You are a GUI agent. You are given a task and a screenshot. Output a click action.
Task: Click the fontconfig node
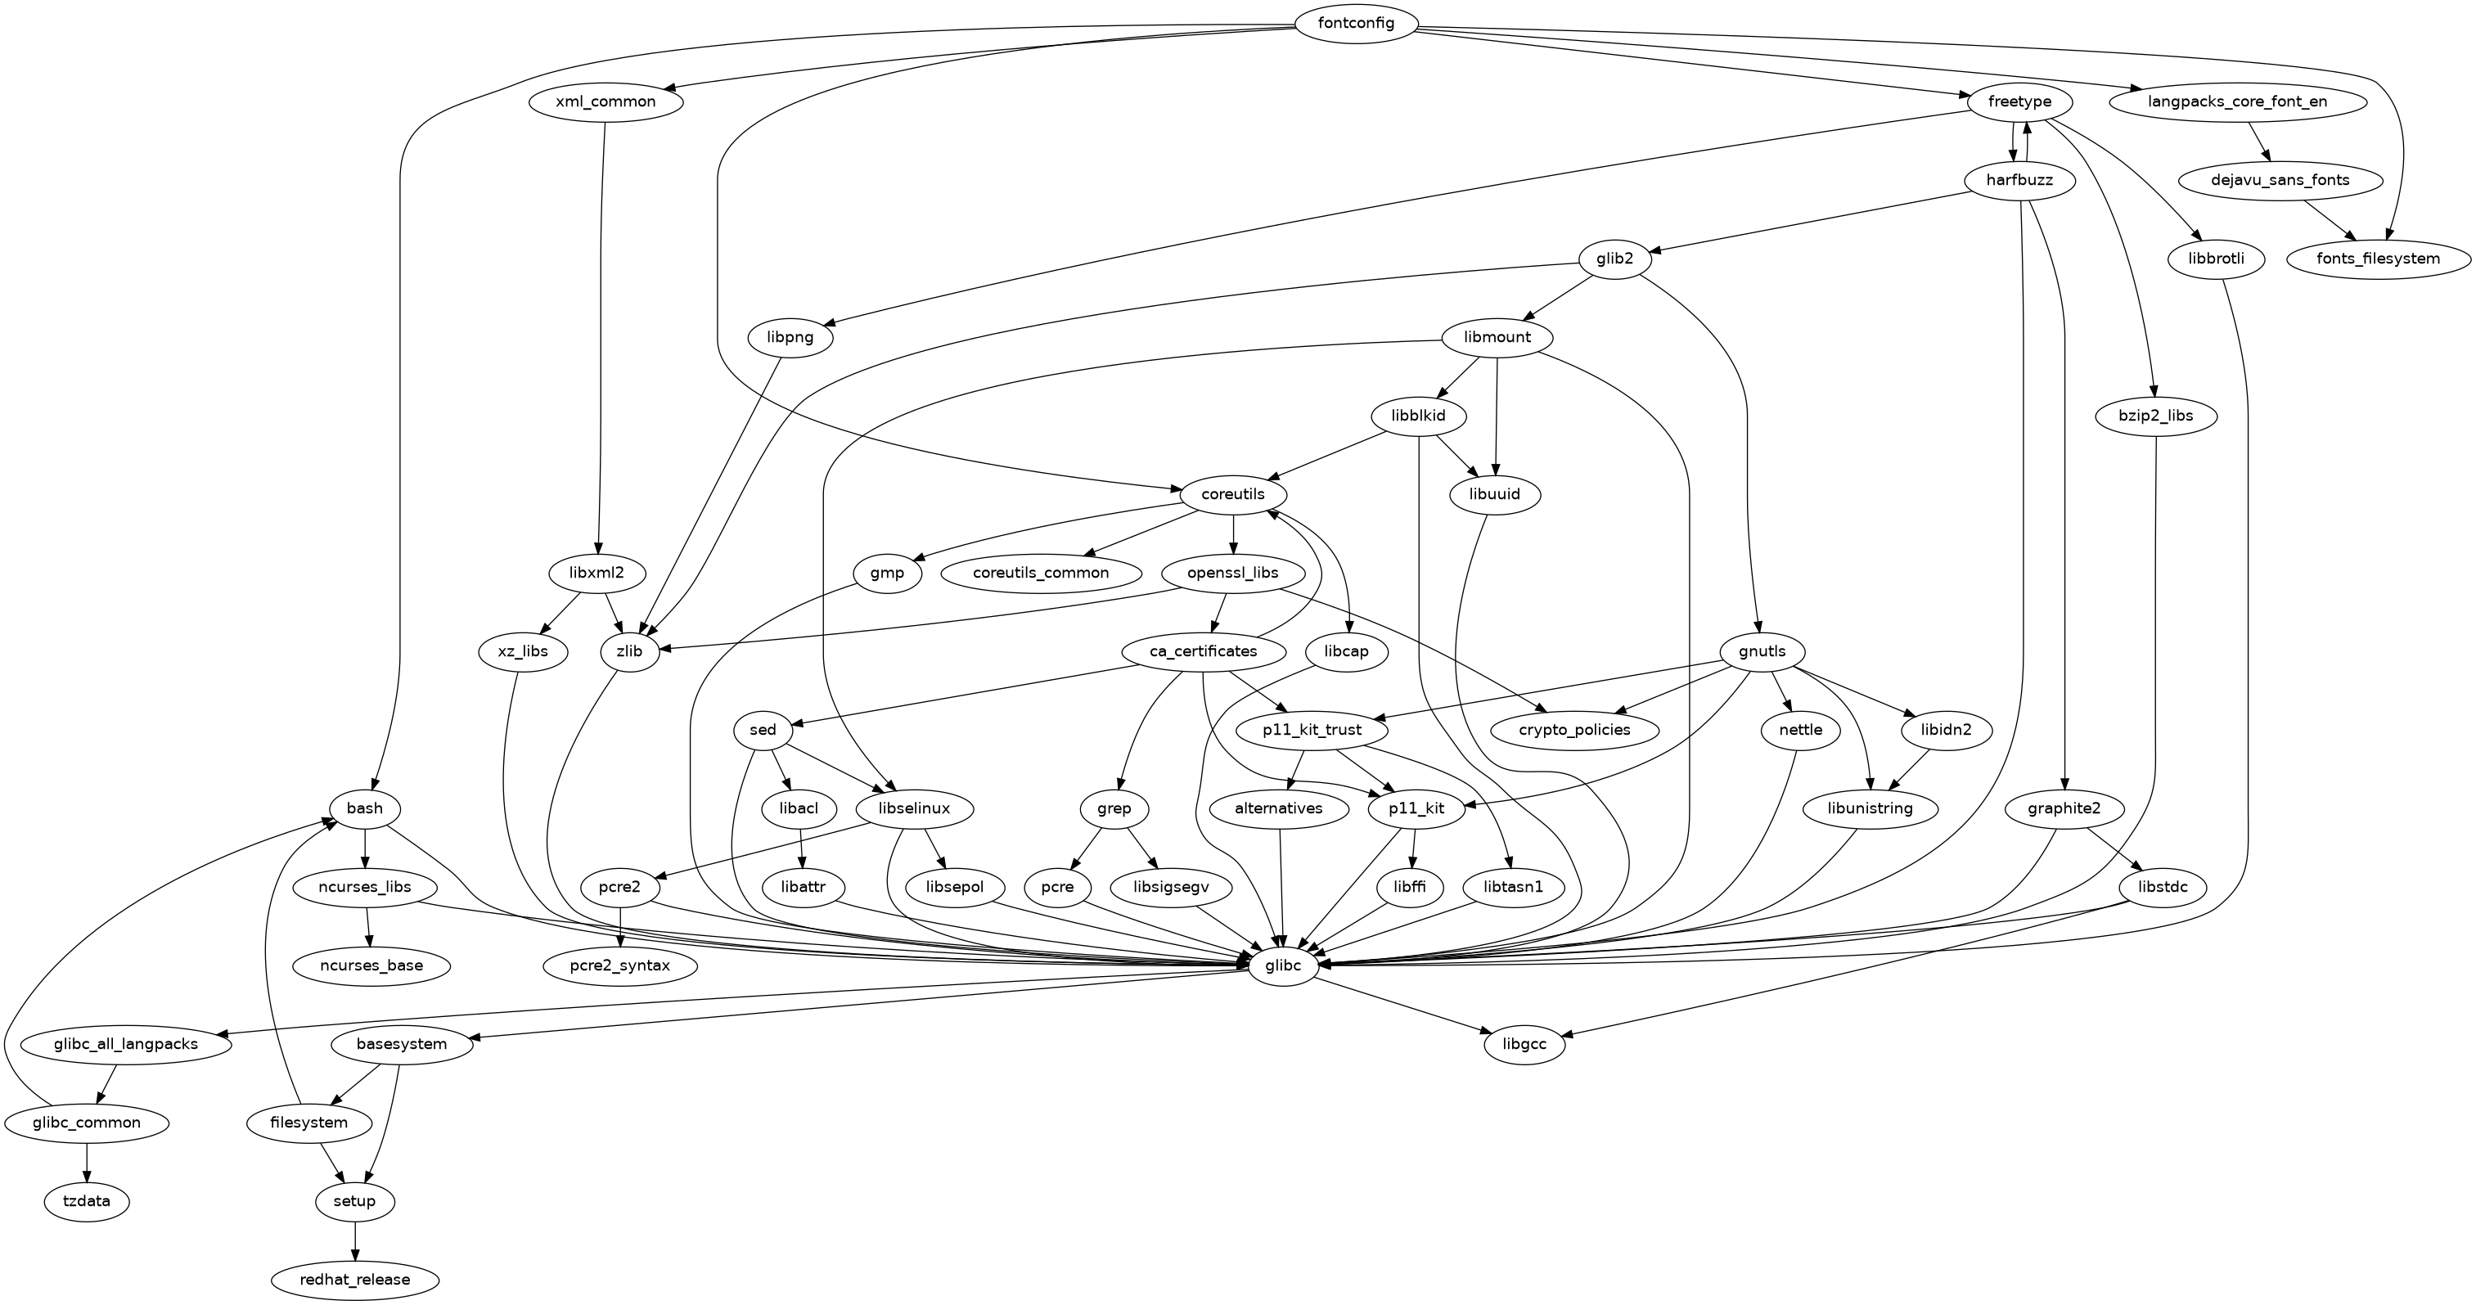[x=1356, y=23]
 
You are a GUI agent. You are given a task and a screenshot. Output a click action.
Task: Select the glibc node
[x=1281, y=965]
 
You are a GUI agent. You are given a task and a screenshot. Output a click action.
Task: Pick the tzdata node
[x=87, y=1201]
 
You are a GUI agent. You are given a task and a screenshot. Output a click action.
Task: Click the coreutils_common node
[x=1041, y=573]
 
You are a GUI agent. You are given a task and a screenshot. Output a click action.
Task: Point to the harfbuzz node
[x=2019, y=181]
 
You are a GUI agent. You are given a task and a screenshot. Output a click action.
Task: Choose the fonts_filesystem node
[x=2378, y=259]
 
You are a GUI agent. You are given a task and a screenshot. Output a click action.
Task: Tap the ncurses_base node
[x=371, y=965]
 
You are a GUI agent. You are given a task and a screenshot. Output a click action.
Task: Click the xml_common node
[x=605, y=101]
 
